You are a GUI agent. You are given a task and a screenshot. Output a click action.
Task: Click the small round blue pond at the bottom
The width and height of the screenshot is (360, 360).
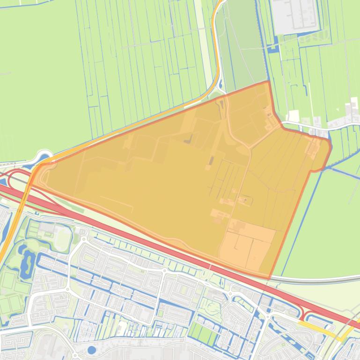click(x=92, y=350)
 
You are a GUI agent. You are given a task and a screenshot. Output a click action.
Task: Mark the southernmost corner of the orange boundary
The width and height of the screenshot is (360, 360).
click(x=269, y=279)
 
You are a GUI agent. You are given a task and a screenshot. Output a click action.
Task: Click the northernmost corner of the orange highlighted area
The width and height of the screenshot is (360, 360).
click(x=268, y=82)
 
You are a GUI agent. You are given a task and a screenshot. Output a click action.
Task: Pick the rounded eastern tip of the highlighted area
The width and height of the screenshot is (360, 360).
click(x=331, y=148)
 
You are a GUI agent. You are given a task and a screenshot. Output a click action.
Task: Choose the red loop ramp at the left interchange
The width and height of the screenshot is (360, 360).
click(x=14, y=180)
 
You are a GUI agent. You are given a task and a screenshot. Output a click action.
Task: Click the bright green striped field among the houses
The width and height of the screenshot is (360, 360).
click(x=203, y=332)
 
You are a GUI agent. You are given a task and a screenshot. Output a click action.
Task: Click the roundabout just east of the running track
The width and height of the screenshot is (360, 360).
click(x=83, y=239)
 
